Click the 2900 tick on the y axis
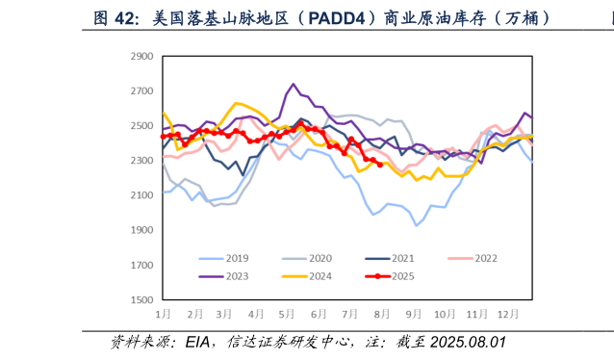141,57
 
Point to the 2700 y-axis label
141,91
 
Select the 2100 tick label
141,195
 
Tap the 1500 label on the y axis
141,300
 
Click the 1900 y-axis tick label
141,230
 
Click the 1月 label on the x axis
165,314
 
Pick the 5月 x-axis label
287,314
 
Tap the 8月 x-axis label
381,314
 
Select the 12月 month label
506,314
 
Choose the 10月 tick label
444,314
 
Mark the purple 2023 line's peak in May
294,85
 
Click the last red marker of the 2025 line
380,165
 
